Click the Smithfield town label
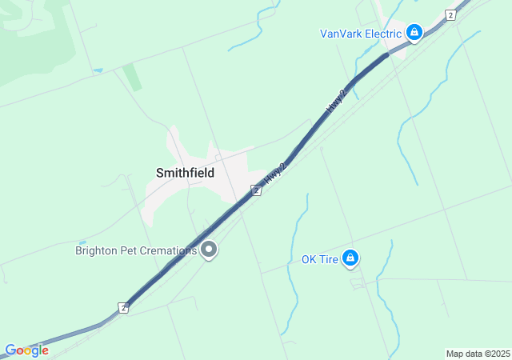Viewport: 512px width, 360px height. pos(185,172)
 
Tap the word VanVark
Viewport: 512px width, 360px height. pos(342,34)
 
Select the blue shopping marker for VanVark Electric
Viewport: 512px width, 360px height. pos(414,33)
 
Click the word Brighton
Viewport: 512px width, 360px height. pos(98,250)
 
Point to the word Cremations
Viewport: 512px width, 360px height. pos(168,250)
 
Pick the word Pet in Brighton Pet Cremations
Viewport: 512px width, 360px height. pos(131,250)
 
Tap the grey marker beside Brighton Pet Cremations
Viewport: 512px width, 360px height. pos(210,250)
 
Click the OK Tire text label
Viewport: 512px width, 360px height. pos(318,258)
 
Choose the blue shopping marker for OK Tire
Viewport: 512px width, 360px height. pos(350,258)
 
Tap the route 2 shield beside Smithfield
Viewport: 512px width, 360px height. pos(255,190)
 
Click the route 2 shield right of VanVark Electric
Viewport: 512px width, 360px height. pos(451,15)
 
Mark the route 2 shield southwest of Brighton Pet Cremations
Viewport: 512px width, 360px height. pos(123,308)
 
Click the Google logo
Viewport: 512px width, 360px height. pos(26,350)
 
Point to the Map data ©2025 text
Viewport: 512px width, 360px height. pos(477,354)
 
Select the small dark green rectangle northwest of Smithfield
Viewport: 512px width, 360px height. pos(132,78)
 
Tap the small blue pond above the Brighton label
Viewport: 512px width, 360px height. pos(82,242)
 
